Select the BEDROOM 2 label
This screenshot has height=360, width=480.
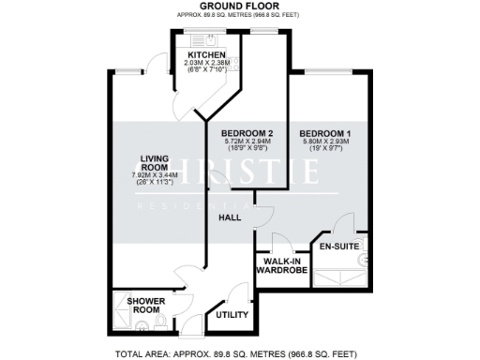(x=247, y=134)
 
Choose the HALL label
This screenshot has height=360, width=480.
(x=230, y=217)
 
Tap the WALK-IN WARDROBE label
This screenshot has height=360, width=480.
(x=282, y=265)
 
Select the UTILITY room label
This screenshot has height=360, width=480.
(x=232, y=315)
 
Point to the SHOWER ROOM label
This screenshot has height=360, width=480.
(x=147, y=306)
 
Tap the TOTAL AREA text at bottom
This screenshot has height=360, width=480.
(x=238, y=353)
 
